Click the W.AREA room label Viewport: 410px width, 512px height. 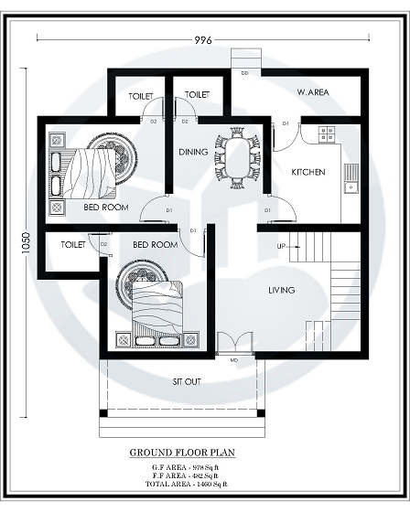313,92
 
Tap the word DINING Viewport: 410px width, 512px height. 192,152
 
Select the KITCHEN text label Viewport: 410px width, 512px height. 308,172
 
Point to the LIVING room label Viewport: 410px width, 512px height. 281,291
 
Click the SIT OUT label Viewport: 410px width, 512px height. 187,381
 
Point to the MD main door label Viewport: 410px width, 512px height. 233,360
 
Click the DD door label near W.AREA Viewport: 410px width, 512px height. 244,71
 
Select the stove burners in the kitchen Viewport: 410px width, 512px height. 328,133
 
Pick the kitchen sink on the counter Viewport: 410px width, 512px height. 351,187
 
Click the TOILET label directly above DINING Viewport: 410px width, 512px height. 198,95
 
